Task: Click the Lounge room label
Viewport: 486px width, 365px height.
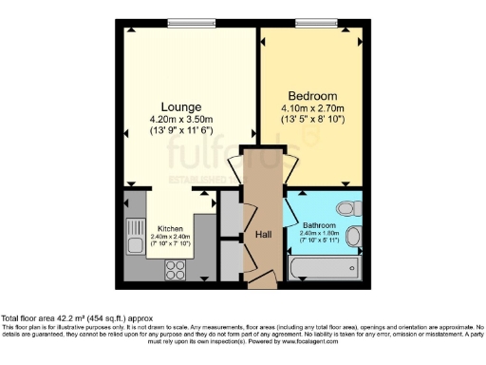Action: (x=180, y=106)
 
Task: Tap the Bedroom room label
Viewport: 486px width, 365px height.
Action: (x=313, y=97)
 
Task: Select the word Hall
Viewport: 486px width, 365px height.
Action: (x=263, y=235)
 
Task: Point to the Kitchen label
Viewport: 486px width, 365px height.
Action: (x=171, y=228)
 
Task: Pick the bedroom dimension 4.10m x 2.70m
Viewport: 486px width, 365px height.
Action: (x=313, y=108)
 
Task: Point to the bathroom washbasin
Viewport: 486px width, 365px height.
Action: (x=354, y=236)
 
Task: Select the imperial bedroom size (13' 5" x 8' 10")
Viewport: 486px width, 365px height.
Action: (x=313, y=120)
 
